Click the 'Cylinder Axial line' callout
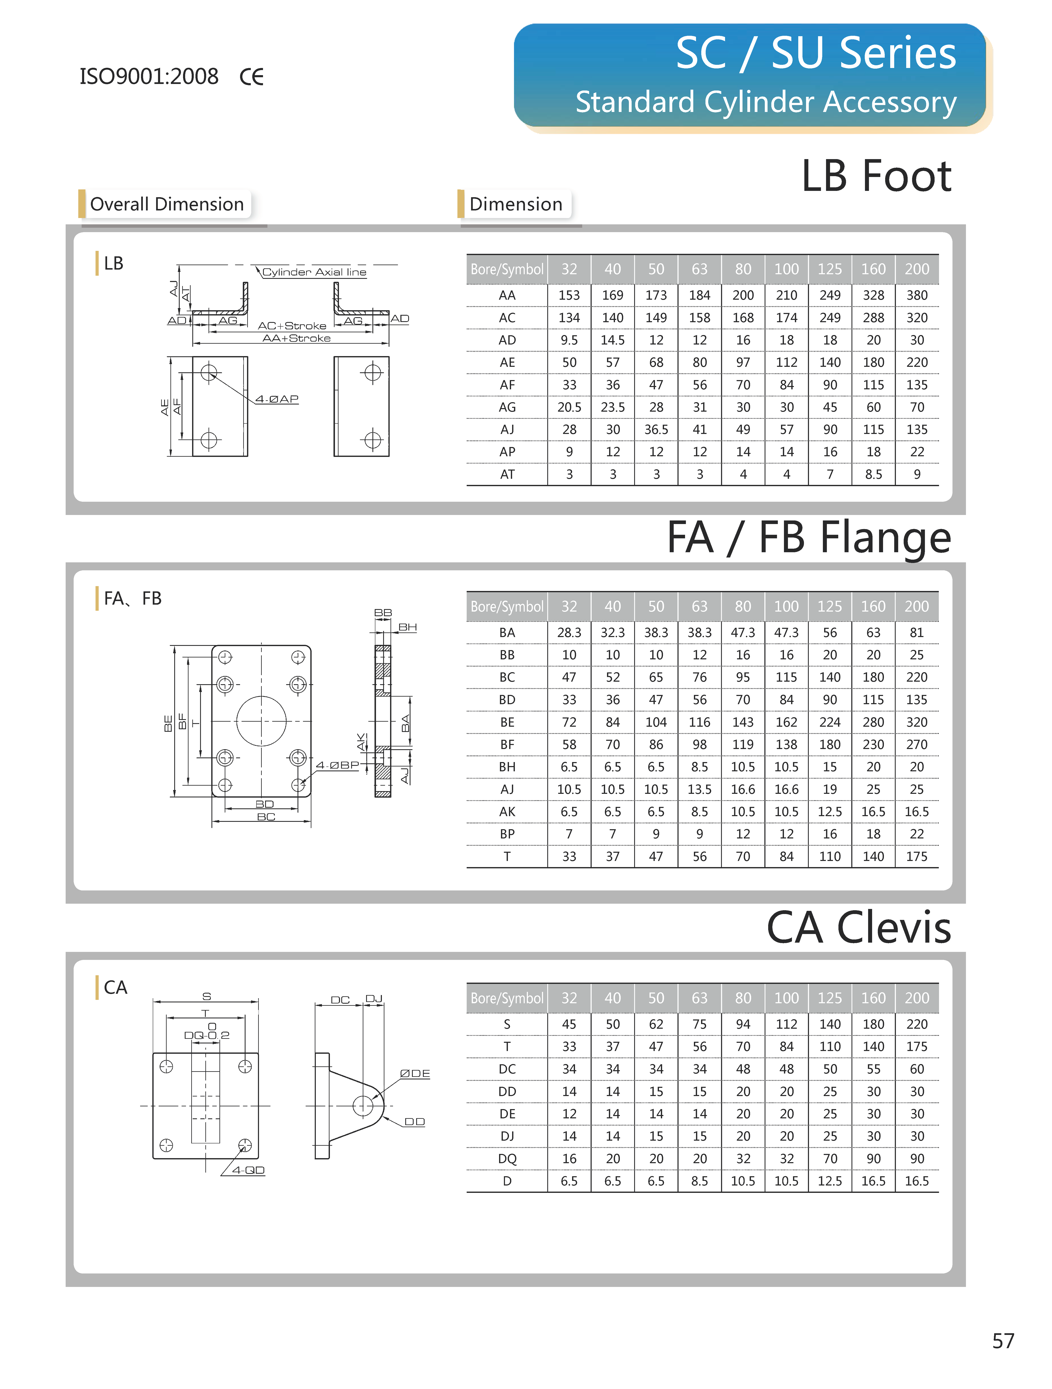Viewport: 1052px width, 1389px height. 314,272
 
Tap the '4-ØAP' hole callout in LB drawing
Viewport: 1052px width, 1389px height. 277,399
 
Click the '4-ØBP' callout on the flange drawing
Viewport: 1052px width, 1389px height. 337,765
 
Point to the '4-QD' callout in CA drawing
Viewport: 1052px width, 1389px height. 248,1171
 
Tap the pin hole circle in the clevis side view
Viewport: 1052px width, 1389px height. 363,1106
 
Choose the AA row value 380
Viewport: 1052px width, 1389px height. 917,295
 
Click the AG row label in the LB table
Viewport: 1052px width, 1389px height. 507,407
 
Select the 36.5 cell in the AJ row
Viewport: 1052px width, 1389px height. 656,430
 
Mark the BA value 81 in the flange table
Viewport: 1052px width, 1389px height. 917,632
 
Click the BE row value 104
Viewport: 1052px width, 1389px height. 656,722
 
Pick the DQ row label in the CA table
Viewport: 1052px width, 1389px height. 507,1159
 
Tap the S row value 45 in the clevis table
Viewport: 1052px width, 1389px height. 569,1024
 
